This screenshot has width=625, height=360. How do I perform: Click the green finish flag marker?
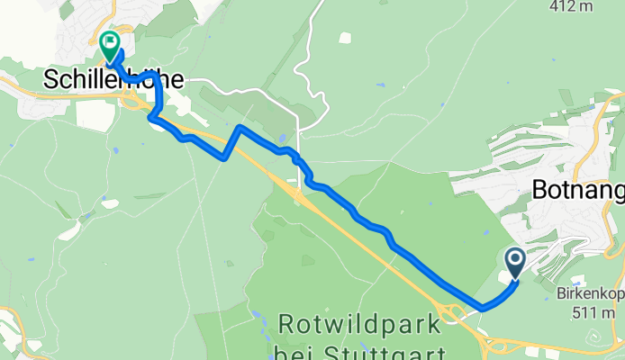(x=110, y=42)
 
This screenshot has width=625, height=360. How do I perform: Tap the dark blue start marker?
(x=516, y=262)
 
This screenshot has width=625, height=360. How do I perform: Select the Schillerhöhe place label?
(x=113, y=80)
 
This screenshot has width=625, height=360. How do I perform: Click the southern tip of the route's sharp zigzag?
(x=223, y=158)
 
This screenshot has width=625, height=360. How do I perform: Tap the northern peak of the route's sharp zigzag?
(x=239, y=128)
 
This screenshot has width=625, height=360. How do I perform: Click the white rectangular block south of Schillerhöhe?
(x=94, y=115)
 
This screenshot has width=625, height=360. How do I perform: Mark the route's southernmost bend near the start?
(x=484, y=307)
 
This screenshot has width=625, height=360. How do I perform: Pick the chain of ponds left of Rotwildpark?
(x=268, y=328)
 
